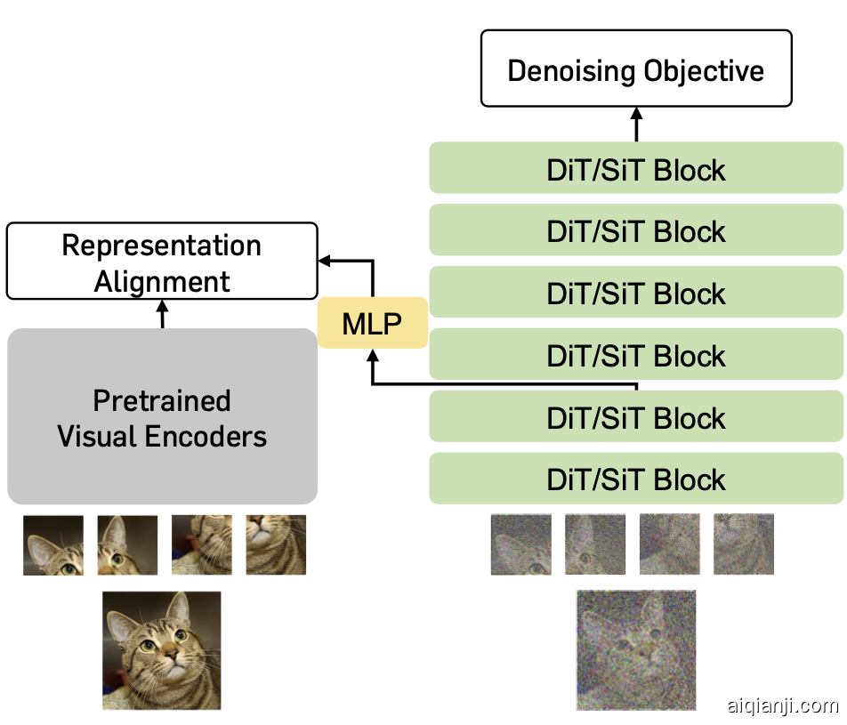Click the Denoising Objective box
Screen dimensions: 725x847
(636, 68)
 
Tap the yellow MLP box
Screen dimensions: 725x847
(373, 324)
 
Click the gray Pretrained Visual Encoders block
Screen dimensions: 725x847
(162, 416)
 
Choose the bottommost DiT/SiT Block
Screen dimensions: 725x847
(636, 479)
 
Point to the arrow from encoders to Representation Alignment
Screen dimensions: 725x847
(162, 313)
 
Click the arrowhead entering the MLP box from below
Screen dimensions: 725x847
(373, 355)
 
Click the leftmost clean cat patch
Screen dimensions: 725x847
(53, 544)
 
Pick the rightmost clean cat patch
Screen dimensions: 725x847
(276, 544)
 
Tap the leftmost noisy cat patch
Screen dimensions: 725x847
(520, 544)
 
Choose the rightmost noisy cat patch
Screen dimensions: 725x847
(744, 544)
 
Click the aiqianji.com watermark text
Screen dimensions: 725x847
(782, 706)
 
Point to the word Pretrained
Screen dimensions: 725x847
(162, 400)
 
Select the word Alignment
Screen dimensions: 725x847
(162, 281)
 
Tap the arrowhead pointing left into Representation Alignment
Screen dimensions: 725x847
(325, 261)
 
